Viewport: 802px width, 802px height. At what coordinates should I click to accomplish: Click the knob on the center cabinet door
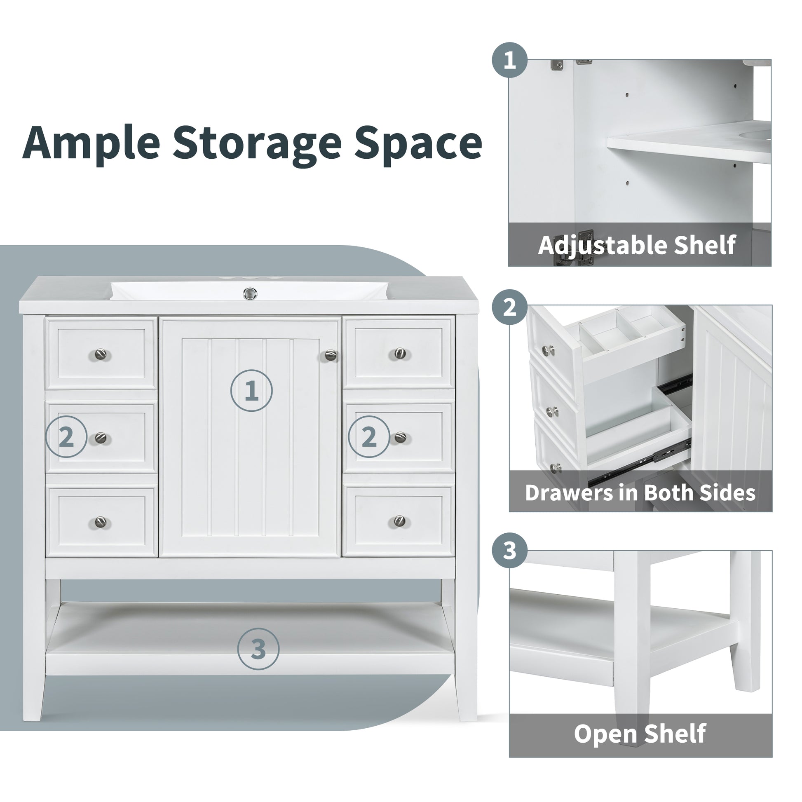pyautogui.click(x=331, y=355)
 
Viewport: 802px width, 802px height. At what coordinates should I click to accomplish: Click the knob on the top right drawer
pyautogui.click(x=400, y=353)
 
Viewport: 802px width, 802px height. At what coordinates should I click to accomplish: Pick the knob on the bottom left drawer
pyautogui.click(x=101, y=522)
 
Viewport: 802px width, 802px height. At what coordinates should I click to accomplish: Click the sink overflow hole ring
pyautogui.click(x=250, y=293)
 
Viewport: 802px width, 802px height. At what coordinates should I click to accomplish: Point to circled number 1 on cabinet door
pyautogui.click(x=251, y=391)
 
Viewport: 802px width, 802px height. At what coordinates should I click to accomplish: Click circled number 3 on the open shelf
pyautogui.click(x=258, y=649)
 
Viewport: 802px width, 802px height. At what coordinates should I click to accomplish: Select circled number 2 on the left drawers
pyautogui.click(x=66, y=437)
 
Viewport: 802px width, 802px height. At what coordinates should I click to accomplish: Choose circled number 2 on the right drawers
pyautogui.click(x=369, y=437)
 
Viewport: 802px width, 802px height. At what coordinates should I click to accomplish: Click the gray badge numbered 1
pyautogui.click(x=510, y=60)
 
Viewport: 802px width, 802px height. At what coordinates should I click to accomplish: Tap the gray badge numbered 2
pyautogui.click(x=510, y=307)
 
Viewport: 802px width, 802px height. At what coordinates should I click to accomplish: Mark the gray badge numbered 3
pyautogui.click(x=510, y=551)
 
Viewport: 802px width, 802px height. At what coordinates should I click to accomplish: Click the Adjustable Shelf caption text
pyautogui.click(x=637, y=245)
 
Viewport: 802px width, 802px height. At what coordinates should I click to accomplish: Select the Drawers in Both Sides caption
pyautogui.click(x=640, y=493)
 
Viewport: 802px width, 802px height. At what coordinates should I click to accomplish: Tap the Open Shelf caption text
pyautogui.click(x=640, y=734)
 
